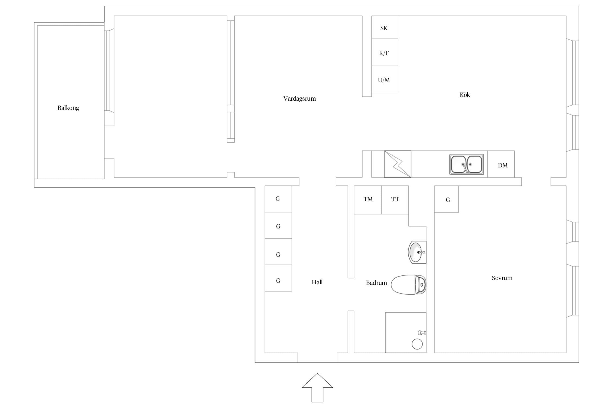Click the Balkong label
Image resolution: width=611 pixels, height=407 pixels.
(68, 108)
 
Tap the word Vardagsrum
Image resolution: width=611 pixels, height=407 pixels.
(300, 99)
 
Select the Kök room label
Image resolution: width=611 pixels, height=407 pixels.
(465, 95)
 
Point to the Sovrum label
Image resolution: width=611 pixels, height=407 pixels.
(502, 278)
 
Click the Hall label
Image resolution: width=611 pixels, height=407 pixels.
(317, 282)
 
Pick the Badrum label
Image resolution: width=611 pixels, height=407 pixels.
(376, 283)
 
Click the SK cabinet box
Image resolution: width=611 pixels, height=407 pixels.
(385, 27)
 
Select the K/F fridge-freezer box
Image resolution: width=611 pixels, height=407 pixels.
(385, 52)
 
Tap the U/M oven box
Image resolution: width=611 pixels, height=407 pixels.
(385, 80)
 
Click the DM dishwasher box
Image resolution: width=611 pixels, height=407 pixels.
(501, 164)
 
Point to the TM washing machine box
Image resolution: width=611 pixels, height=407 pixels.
(368, 200)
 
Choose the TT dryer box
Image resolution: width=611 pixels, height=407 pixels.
(395, 200)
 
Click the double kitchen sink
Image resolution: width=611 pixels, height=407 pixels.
(467, 164)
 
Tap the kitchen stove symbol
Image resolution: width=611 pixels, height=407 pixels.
(398, 164)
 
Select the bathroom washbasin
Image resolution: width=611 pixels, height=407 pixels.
(417, 252)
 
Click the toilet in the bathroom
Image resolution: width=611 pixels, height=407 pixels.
(408, 285)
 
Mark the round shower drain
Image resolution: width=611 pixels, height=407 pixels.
(417, 344)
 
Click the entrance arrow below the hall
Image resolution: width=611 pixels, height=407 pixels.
(317, 388)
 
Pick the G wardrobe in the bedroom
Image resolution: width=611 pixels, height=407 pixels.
(446, 199)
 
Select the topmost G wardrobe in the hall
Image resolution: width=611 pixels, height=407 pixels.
(278, 199)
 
